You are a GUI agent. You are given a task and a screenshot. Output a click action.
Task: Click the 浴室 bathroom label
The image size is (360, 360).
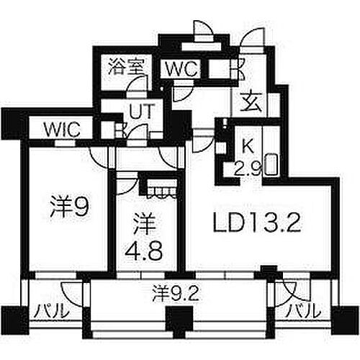click(126, 66)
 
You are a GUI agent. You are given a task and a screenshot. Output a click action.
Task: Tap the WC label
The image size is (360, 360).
click(183, 69)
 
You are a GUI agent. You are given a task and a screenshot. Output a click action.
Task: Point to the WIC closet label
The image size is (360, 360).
click(63, 130)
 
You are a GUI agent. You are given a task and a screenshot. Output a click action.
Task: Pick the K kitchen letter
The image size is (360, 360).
click(248, 146)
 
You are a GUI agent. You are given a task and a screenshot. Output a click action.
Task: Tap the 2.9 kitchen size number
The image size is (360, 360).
click(247, 169)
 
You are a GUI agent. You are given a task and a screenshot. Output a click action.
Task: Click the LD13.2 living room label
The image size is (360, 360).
click(256, 223)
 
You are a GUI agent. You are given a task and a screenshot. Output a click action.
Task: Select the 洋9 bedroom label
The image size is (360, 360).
click(70, 207)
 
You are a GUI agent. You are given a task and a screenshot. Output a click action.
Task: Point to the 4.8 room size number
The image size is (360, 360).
click(144, 251)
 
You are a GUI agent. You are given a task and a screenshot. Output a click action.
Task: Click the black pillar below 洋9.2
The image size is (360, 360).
click(180, 319)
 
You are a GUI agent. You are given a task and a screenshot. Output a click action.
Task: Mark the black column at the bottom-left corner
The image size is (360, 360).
click(15, 320)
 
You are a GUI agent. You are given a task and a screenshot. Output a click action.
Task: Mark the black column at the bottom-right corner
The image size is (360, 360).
click(345, 320)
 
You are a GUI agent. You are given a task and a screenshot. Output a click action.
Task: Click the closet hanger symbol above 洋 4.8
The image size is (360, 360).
click(162, 192)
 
